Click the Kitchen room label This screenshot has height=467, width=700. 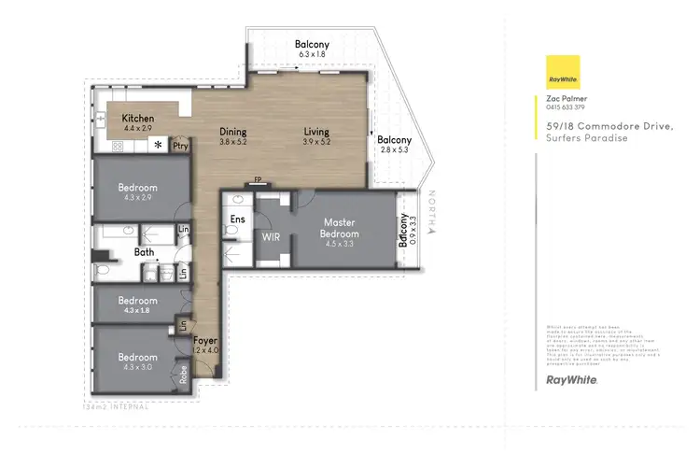[137, 119]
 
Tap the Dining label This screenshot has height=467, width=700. [232, 132]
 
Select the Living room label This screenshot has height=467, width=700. [316, 132]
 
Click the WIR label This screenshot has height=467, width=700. [272, 237]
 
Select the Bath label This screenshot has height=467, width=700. [144, 251]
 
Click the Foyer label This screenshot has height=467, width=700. [205, 342]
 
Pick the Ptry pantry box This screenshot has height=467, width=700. [181, 146]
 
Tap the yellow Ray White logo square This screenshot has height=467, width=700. [563, 73]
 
